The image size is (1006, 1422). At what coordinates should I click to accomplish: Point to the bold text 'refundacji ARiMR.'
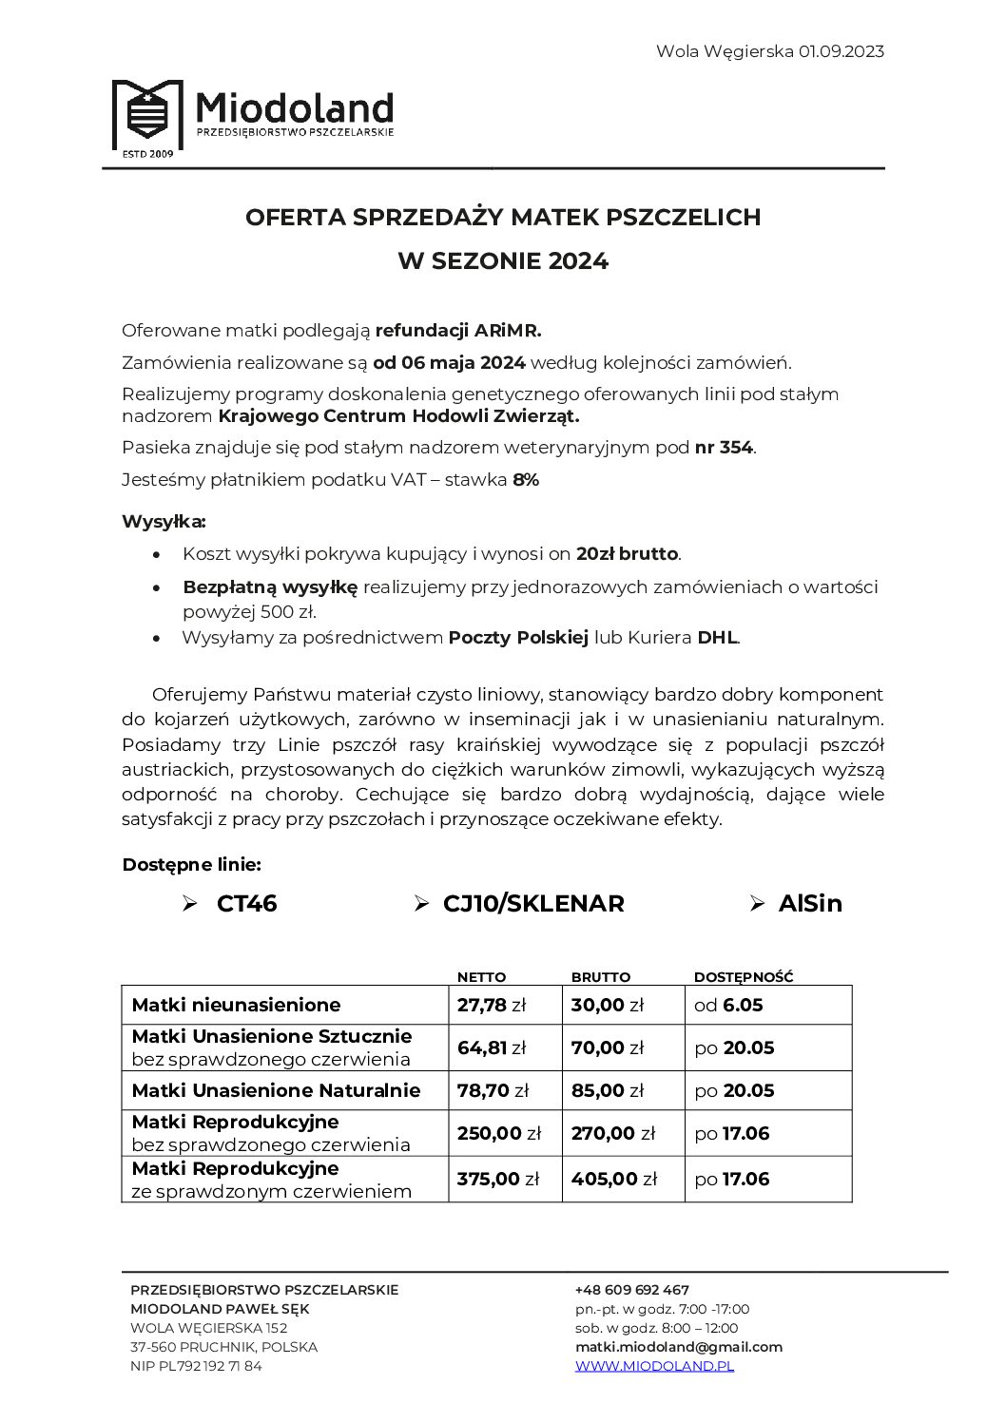458,331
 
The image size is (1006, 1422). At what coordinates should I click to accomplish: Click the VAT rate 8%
526,480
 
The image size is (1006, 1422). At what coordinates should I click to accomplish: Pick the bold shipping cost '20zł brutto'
628,554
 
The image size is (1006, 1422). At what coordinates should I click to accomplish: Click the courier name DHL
717,638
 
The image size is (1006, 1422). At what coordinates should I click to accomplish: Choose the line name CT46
246,904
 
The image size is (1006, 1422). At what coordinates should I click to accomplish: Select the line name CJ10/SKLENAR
533,904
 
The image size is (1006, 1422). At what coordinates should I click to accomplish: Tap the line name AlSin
810,904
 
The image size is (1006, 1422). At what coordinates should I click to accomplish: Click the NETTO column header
481,977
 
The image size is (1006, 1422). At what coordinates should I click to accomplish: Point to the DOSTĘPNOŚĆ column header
744,977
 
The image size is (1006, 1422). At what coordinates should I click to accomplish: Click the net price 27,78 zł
492,1006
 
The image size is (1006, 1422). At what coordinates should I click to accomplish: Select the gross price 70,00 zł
608,1048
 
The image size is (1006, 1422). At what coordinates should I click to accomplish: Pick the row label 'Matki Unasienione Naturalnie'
276,1090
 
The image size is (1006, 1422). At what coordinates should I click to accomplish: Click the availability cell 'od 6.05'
729,1006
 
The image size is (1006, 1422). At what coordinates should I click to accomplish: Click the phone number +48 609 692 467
632,1290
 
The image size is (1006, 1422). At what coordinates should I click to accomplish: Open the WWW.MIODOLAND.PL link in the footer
654,1366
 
